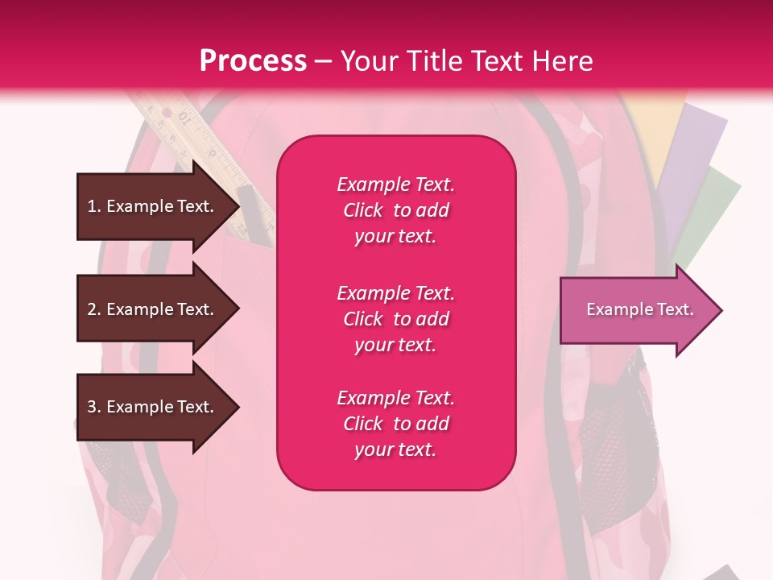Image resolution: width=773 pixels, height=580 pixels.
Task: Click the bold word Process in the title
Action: click(x=253, y=61)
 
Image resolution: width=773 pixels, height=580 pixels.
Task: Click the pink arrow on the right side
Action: click(x=640, y=310)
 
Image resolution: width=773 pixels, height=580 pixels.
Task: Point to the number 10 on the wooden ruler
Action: click(x=185, y=118)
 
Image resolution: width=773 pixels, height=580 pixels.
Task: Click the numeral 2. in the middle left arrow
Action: click(x=94, y=309)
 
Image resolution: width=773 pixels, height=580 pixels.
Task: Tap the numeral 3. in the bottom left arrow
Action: click(x=94, y=407)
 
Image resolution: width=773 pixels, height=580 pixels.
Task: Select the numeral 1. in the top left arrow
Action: click(x=94, y=206)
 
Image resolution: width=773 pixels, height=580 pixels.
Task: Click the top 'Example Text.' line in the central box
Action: click(x=395, y=184)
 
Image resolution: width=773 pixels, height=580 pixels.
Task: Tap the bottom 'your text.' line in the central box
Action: click(x=395, y=449)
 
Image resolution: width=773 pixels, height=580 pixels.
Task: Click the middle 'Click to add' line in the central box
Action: click(x=395, y=319)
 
